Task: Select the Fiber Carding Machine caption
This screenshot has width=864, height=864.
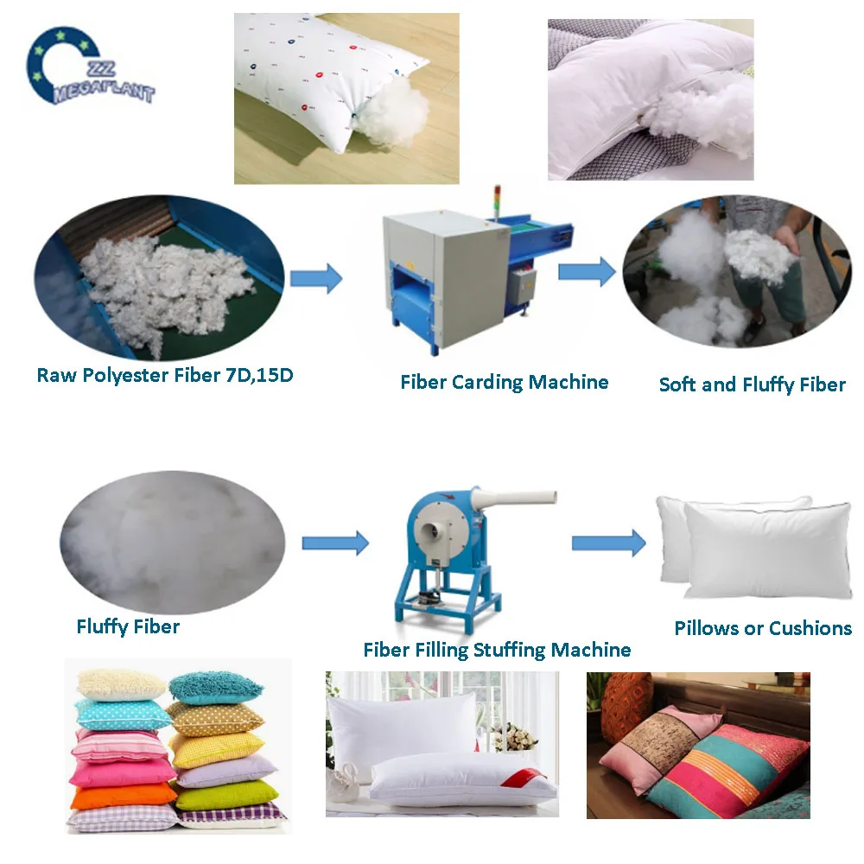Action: point(504,382)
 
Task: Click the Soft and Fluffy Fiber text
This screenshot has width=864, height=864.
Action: point(752,384)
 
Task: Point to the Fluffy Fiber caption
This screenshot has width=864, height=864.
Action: point(128,626)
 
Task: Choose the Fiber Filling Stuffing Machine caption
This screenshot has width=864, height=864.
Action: point(497,649)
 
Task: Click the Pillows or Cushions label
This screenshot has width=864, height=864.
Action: point(763,628)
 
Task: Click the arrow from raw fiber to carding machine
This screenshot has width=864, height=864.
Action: point(315,278)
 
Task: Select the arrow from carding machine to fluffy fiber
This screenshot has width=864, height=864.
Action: point(586,271)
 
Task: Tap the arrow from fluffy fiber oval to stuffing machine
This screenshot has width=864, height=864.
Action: point(335,543)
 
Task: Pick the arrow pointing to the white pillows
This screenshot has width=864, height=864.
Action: point(608,543)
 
